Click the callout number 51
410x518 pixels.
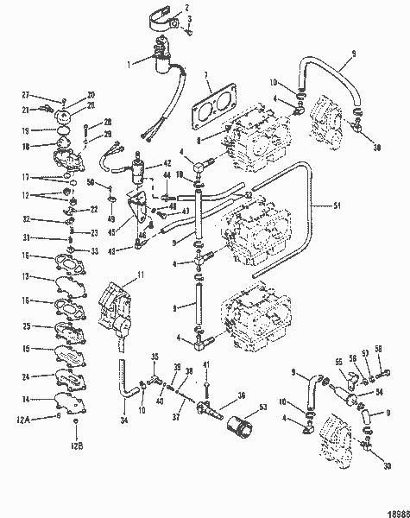[337, 205]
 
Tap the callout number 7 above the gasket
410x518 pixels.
[207, 80]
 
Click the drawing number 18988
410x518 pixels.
[398, 510]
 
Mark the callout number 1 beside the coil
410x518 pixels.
[131, 62]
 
